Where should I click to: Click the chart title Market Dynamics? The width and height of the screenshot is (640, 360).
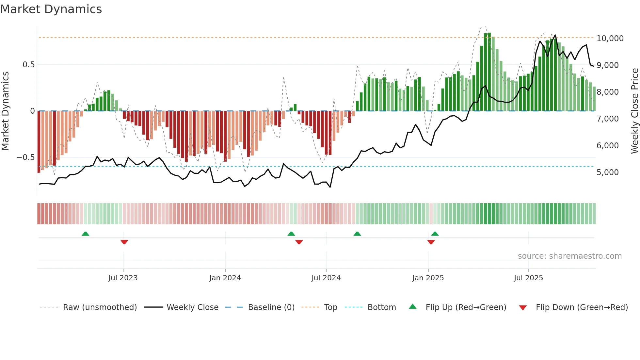(51, 9)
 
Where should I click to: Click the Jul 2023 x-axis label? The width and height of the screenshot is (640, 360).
(123, 278)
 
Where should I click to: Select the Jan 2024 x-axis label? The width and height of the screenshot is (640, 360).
(225, 278)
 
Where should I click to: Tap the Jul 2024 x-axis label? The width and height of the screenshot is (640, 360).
(326, 278)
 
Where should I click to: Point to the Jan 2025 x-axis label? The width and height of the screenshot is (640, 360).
(428, 278)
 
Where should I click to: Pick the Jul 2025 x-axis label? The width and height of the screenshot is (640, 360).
(528, 278)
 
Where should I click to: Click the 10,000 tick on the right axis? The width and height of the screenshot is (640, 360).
(610, 39)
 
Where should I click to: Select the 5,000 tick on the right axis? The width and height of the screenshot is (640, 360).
(607, 172)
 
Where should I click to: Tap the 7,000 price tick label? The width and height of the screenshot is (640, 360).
(607, 119)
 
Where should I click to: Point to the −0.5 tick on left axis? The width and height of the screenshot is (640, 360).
(25, 157)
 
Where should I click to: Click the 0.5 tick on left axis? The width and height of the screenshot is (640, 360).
(28, 65)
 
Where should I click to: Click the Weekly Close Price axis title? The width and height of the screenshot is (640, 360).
(634, 111)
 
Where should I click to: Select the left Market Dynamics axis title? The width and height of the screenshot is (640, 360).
(5, 111)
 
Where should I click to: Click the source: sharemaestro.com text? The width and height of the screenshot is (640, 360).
(569, 256)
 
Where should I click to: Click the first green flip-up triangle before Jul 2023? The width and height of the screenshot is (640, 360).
(85, 234)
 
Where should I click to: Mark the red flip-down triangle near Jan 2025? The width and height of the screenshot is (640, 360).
(431, 242)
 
